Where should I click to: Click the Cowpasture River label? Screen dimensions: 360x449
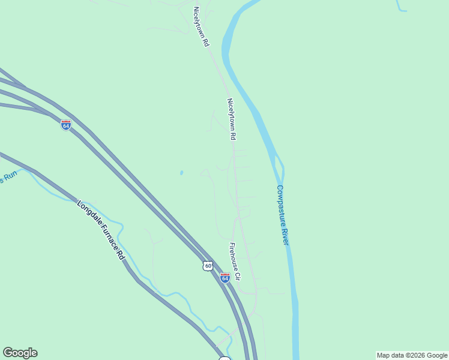tap(283, 214)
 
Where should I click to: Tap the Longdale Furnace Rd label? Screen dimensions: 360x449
tap(101, 230)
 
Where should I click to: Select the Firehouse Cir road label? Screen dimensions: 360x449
tap(235, 262)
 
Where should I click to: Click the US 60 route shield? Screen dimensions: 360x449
tap(208, 266)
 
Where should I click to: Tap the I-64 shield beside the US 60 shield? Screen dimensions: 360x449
tap(224, 278)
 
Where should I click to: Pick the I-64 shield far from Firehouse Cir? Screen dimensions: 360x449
tap(66, 125)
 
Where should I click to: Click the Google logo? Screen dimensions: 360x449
tap(20, 353)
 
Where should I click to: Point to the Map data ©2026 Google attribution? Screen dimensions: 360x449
tap(412, 355)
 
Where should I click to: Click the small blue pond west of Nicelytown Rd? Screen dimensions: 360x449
tap(181, 173)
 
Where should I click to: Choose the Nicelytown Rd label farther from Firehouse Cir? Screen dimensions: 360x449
tap(201, 27)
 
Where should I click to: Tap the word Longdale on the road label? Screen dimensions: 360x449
tap(88, 212)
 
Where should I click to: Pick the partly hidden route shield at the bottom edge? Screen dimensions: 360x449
tap(224, 358)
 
